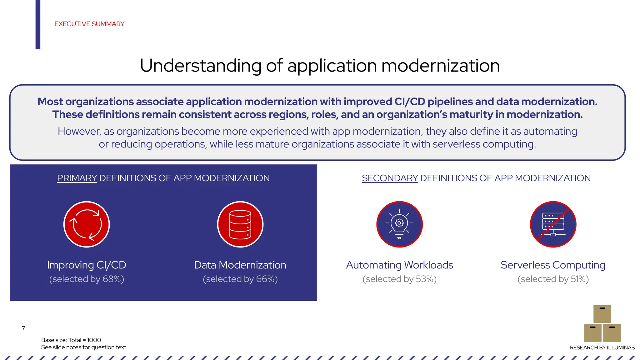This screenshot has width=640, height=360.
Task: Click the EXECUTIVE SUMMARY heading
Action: click(89, 24)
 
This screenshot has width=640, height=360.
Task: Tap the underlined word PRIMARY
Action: click(77, 178)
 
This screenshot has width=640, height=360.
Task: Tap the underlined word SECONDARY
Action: click(390, 178)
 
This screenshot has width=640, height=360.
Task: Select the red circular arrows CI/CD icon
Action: click(87, 224)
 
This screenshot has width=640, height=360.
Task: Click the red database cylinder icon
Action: click(240, 224)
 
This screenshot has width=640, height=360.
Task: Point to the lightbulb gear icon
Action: click(399, 224)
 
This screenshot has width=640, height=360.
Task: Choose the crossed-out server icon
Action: click(553, 224)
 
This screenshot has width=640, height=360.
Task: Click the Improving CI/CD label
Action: click(87, 265)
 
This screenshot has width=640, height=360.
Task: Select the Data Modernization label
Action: click(240, 265)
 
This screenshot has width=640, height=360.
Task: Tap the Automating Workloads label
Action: click(399, 265)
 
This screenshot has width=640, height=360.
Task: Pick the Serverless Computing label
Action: click(553, 265)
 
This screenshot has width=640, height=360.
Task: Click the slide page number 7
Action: click(23, 328)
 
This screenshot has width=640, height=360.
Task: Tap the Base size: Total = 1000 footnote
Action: click(71, 340)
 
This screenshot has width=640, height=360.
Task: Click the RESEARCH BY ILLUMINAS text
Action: click(602, 347)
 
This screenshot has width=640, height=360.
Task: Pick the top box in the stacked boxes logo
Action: click(602, 314)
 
